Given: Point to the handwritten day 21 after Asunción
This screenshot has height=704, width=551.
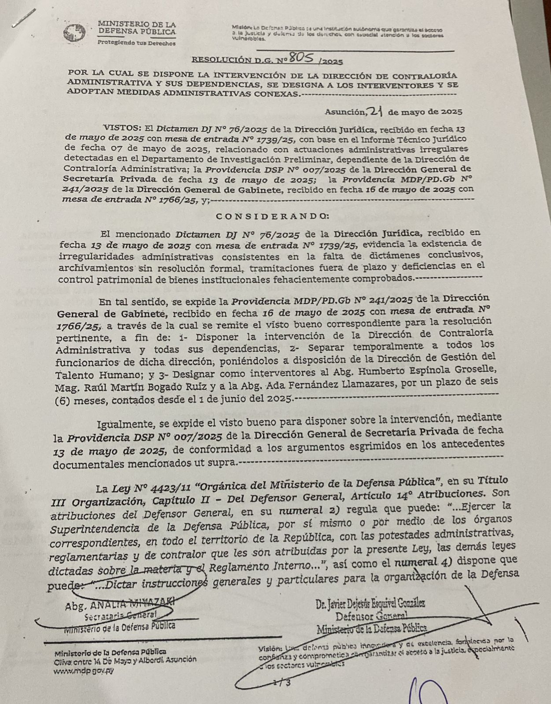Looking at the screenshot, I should tap(375, 111).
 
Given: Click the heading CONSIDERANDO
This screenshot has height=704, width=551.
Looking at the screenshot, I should tap(273, 216).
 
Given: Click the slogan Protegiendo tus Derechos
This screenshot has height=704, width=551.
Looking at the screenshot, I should tap(136, 43).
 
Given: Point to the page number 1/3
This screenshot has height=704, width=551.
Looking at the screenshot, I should tap(282, 683).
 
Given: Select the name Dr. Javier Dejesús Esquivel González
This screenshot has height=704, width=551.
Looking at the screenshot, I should tap(370, 604).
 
